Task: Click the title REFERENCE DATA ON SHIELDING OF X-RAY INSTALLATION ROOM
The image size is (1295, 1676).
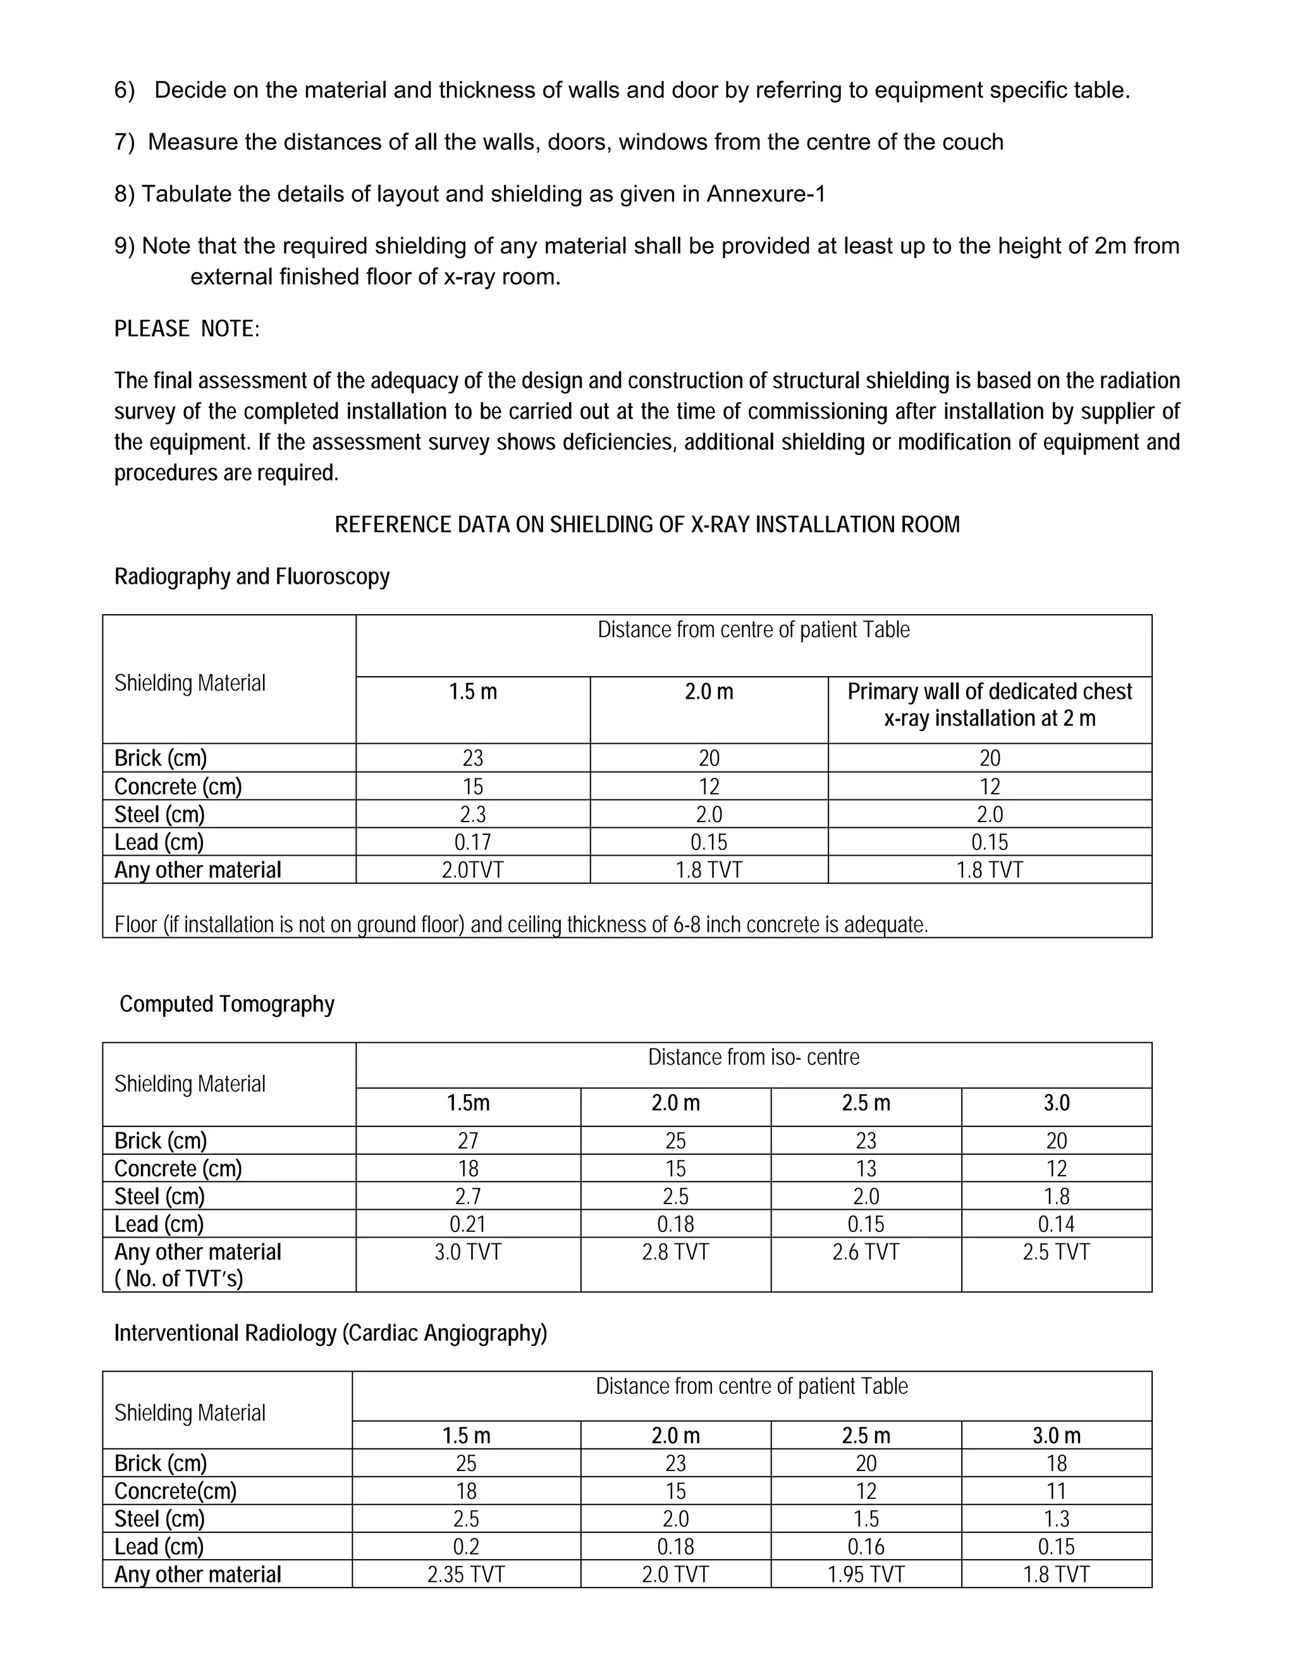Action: pos(647,525)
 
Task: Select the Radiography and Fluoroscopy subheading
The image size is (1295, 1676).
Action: pos(252,576)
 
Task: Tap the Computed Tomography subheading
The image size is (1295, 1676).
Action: pos(226,1004)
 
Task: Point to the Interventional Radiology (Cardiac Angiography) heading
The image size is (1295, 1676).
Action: pos(331,1333)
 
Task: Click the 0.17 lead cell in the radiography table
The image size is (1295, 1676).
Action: pos(472,842)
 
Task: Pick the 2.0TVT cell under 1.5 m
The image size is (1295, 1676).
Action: pos(472,870)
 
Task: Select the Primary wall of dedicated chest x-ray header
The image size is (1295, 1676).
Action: pos(989,705)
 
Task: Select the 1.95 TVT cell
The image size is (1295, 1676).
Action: pos(866,1574)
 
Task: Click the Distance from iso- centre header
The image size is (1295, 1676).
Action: pos(753,1057)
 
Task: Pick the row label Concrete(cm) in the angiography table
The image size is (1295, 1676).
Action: pos(176,1491)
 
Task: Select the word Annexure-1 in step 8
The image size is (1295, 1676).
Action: pos(765,194)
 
